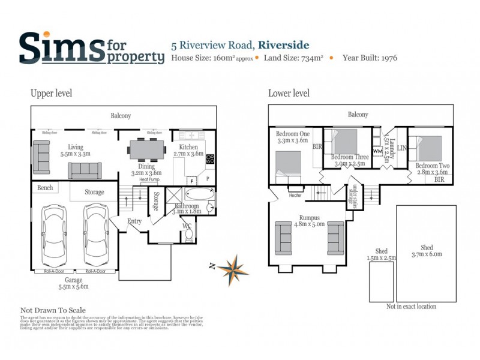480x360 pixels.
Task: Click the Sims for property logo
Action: pyautogui.click(x=91, y=48)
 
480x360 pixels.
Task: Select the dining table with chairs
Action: pyautogui.click(x=147, y=148)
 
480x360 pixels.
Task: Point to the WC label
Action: pyautogui.click(x=187, y=226)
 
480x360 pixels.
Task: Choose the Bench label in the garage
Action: pyautogui.click(x=45, y=188)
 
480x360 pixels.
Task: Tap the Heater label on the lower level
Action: pyautogui.click(x=295, y=195)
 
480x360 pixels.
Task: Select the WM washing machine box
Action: pyautogui.click(x=377, y=151)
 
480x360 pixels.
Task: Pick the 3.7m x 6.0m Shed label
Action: pyautogui.click(x=427, y=251)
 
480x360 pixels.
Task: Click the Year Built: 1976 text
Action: pyautogui.click(x=370, y=58)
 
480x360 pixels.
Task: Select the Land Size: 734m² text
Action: pyautogui.click(x=294, y=58)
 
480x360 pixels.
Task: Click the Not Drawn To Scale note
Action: pyautogui.click(x=53, y=310)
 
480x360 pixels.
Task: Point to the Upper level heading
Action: pyautogui.click(x=52, y=93)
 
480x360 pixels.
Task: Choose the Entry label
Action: pyautogui.click(x=134, y=221)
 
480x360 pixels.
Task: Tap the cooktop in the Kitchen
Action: pyautogui.click(x=211, y=159)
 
